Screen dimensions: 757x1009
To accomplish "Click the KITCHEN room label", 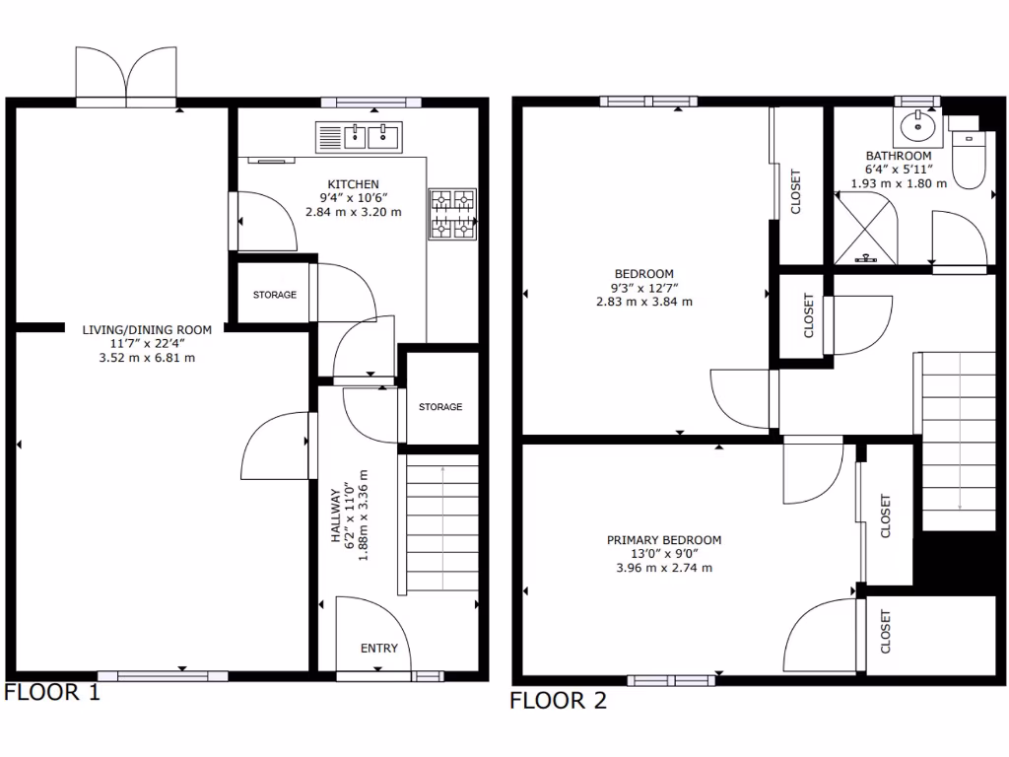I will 354,184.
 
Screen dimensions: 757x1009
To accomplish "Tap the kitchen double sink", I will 360,136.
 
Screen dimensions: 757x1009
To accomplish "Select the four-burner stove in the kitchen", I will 452,214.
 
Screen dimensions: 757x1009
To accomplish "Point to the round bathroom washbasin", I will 918,126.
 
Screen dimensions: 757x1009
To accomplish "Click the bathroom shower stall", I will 866,229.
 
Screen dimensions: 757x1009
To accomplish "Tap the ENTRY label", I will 379,648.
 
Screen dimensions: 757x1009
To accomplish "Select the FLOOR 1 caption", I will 52,692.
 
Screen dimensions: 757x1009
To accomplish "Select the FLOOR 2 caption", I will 558,701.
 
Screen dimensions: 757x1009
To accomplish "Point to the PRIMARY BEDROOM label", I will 663,540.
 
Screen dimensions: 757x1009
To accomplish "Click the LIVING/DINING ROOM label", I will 147,330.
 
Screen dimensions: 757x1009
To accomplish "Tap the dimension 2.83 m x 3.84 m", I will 643,302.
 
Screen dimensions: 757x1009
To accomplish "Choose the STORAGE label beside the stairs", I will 439,407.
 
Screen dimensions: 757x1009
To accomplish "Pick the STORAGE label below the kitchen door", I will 274,295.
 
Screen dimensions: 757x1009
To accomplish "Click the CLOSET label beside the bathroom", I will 796,192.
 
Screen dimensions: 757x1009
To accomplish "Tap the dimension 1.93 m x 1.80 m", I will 898,183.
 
